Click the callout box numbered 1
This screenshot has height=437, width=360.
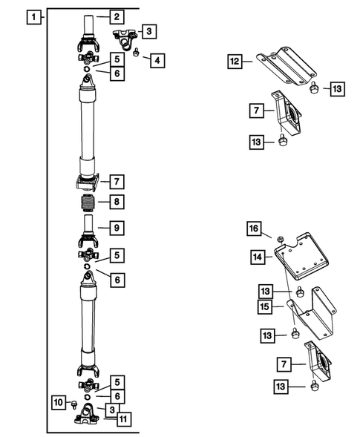(33, 17)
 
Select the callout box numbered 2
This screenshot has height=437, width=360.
(117, 17)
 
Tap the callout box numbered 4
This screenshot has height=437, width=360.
(157, 61)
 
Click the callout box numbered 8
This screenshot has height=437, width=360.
(117, 202)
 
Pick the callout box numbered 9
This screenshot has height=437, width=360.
(117, 228)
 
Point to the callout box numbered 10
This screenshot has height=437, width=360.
(59, 402)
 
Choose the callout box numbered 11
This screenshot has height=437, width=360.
(123, 419)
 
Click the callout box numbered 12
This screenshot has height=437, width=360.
(235, 62)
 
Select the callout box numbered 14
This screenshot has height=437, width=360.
(258, 257)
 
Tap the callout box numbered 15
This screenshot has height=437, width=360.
(265, 307)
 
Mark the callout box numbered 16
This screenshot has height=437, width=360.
(254, 229)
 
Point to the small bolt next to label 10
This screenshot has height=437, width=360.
(74, 404)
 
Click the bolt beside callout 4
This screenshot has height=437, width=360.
(137, 52)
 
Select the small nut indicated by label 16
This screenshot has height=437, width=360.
(281, 239)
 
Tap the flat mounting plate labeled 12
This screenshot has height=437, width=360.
(287, 66)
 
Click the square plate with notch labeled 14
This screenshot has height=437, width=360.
(301, 257)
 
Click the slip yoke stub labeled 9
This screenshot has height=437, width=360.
(88, 231)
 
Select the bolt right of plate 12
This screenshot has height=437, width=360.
(314, 88)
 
